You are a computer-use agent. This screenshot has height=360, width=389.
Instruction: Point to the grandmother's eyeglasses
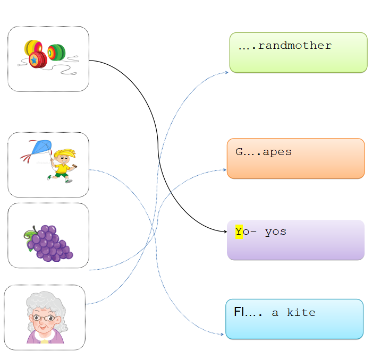pos(44,318)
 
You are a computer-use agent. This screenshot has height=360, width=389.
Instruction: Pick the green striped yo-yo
pos(56,52)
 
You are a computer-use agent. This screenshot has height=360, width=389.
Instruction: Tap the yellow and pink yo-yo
pos(32,48)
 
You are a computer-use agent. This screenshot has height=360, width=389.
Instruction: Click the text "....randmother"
pos(285,46)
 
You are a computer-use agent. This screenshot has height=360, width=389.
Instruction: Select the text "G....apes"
pos(264,152)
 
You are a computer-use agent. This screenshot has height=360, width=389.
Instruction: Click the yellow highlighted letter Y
pos(239,232)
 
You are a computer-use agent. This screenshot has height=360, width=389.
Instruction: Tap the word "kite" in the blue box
pos(301,313)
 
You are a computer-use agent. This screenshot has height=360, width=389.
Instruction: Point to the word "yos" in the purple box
pos(275,232)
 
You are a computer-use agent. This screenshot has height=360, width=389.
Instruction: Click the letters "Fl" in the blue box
pos(239,312)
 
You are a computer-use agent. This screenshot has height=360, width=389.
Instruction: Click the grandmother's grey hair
pos(45,303)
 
